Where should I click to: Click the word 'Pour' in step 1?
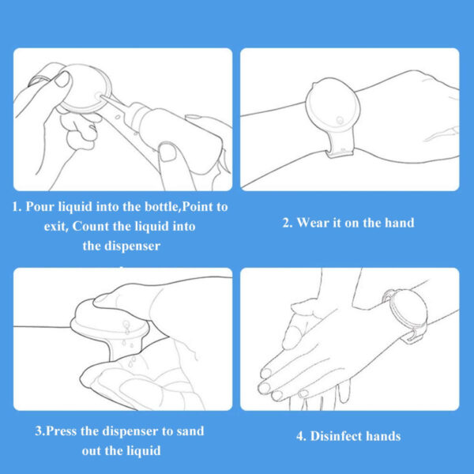click(x=40, y=206)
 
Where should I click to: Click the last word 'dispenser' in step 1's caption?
click(x=133, y=246)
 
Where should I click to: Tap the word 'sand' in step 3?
click(x=190, y=431)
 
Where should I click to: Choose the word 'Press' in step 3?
click(x=61, y=431)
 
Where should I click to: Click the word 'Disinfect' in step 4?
click(x=336, y=436)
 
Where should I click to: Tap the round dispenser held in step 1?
click(x=85, y=88)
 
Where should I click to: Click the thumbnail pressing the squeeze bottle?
click(x=167, y=152)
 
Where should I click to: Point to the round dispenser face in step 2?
click(x=333, y=106)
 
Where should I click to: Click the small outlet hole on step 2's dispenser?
click(x=340, y=120)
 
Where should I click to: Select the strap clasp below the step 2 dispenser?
click(x=340, y=151)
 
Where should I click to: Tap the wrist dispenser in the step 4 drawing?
click(x=405, y=314)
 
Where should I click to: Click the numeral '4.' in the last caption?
click(x=302, y=436)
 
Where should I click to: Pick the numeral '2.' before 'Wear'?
click(x=288, y=223)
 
